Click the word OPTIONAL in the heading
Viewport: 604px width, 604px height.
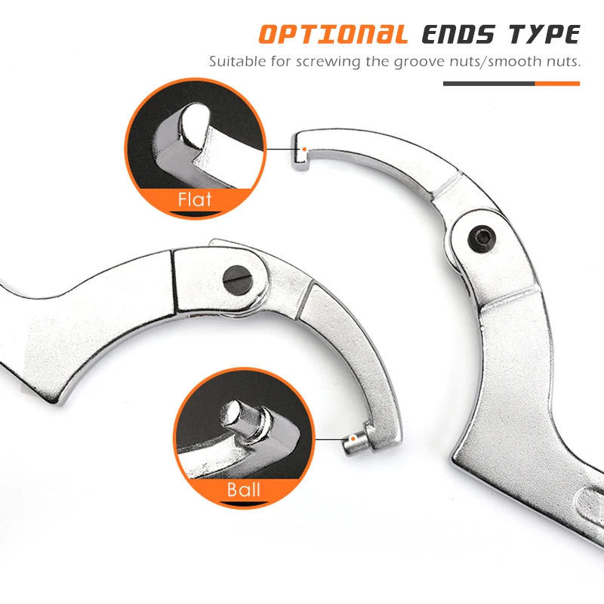(333, 35)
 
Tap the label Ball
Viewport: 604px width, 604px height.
(243, 489)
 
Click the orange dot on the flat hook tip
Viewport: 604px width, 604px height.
(304, 149)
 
